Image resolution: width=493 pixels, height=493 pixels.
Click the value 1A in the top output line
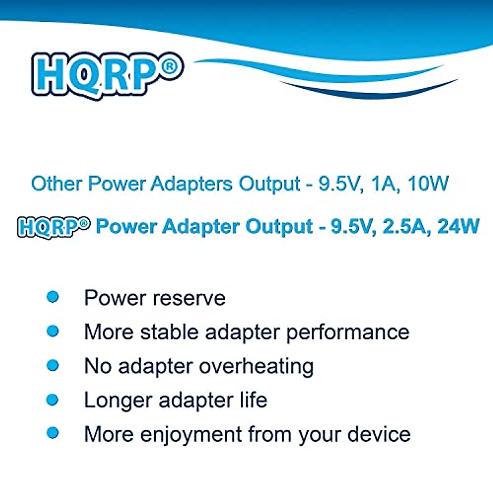coord(383,184)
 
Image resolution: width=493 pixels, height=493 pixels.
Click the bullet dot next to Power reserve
coord(53,297)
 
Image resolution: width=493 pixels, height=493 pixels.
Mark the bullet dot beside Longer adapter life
coord(53,399)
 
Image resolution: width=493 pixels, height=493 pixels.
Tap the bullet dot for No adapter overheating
coord(53,365)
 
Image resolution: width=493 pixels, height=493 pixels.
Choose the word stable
coord(169,332)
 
